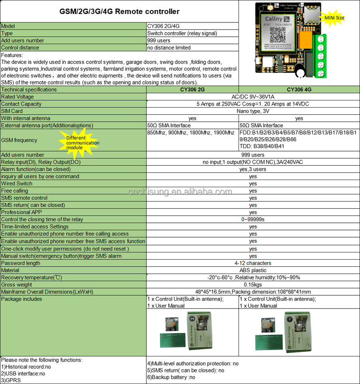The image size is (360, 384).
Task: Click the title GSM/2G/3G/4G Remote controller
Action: click(119, 12)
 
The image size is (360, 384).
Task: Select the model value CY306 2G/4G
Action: click(163, 26)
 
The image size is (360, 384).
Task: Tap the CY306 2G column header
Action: click(192, 90)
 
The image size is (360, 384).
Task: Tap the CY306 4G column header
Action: click(299, 90)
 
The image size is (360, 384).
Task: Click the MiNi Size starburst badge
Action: click(334, 18)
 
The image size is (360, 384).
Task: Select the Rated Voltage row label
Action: click(18, 97)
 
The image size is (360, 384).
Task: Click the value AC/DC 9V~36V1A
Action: click(253, 97)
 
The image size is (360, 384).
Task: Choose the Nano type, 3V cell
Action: click(253, 111)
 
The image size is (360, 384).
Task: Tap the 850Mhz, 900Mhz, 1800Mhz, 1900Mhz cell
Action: click(191, 133)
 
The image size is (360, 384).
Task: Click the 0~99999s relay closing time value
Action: click(253, 220)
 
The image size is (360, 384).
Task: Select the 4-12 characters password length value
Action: click(253, 263)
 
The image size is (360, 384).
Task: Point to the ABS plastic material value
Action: click(253, 270)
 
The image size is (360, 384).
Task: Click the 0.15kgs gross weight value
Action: click(253, 285)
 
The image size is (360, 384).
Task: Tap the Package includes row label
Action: click(22, 299)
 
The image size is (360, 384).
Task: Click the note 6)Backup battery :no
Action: click(171, 377)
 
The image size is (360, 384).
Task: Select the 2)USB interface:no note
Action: click(23, 374)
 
